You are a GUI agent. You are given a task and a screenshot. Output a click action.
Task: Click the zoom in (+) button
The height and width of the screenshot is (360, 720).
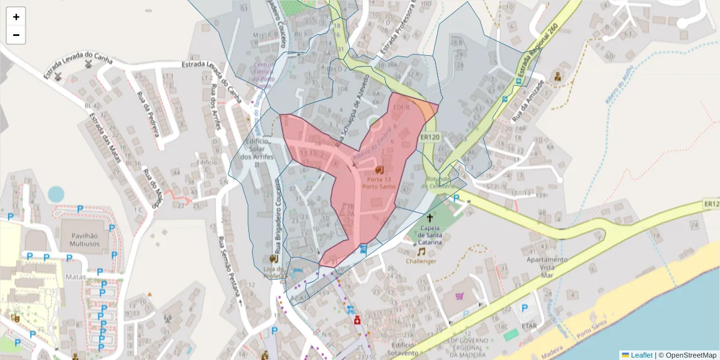pyautogui.click(x=16, y=17)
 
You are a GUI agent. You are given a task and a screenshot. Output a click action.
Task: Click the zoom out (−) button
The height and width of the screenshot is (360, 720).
pyautogui.click(x=16, y=35)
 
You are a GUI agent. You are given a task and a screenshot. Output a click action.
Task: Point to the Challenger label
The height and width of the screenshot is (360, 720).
pyautogui.click(x=421, y=261)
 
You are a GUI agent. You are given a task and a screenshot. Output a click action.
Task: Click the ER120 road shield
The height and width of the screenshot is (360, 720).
pyautogui.click(x=431, y=137)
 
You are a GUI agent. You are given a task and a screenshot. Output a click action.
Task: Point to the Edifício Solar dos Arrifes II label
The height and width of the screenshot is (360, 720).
pyautogui.click(x=257, y=152)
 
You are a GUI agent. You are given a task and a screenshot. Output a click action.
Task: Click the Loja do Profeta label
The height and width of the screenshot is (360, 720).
pyautogui.click(x=273, y=272)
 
